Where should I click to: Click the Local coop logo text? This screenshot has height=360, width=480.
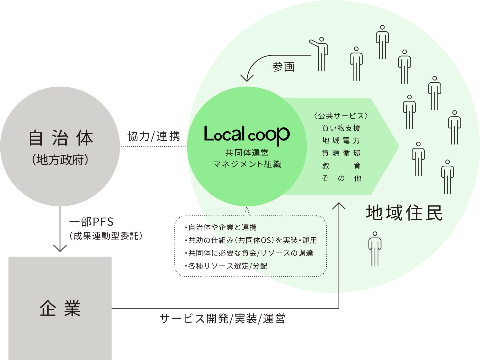[247, 134]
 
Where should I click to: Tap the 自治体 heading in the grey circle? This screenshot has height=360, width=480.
[61, 138]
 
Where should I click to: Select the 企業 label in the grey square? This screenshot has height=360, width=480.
[60, 308]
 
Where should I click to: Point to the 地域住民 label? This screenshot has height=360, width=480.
[404, 213]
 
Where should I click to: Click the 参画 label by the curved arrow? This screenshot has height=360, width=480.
[283, 67]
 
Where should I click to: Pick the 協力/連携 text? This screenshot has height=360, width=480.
[154, 136]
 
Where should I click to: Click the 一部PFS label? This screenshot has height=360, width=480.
[92, 222]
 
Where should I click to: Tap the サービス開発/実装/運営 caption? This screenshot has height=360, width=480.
[222, 319]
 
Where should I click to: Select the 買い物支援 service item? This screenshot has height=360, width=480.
[341, 128]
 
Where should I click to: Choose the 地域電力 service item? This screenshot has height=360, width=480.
[341, 141]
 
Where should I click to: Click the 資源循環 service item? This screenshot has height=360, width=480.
[341, 153]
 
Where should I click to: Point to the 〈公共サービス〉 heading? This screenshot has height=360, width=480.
[341, 116]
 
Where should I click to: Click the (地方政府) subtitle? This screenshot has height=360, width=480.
[60, 160]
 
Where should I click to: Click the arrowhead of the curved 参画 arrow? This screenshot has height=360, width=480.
[247, 78]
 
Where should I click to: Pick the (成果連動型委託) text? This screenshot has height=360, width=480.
[106, 236]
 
